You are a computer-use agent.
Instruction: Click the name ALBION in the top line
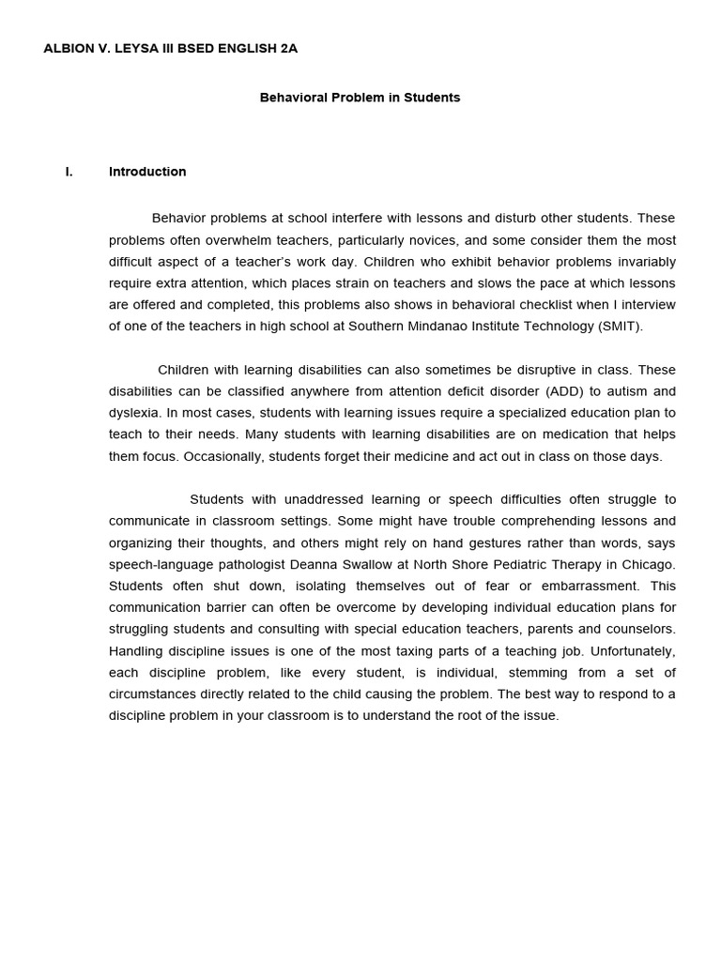click(68, 48)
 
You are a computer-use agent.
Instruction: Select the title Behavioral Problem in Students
click(360, 98)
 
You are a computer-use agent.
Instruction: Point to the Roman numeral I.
click(69, 172)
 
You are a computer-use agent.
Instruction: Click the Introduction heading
click(147, 172)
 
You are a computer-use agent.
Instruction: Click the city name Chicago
click(650, 564)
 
